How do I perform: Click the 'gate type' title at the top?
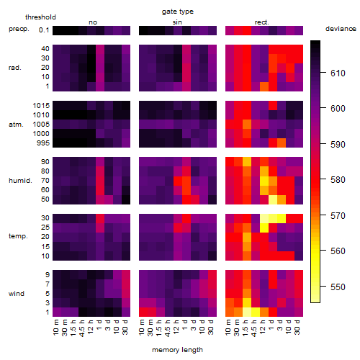click(178, 12)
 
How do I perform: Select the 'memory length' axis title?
click(177, 350)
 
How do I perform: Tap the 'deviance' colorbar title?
click(341, 29)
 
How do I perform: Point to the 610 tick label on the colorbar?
click(338, 73)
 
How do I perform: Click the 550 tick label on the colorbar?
click(338, 287)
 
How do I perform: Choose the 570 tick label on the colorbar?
click(338, 216)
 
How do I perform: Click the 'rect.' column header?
click(262, 22)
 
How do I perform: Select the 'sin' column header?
click(177, 22)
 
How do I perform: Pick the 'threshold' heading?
click(40, 17)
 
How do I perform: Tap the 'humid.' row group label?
click(20, 181)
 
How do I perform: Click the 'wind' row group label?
click(17, 294)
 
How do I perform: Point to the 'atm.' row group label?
click(16, 125)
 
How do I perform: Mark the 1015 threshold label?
click(41, 106)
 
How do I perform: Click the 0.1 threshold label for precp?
click(44, 30)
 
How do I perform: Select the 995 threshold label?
click(43, 143)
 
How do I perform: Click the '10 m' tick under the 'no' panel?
click(57, 327)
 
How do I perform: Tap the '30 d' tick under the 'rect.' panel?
click(298, 327)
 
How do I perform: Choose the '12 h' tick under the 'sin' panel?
click(178, 327)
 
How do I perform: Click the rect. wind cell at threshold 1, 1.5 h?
click(247, 312)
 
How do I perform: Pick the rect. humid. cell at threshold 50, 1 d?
click(273, 199)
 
